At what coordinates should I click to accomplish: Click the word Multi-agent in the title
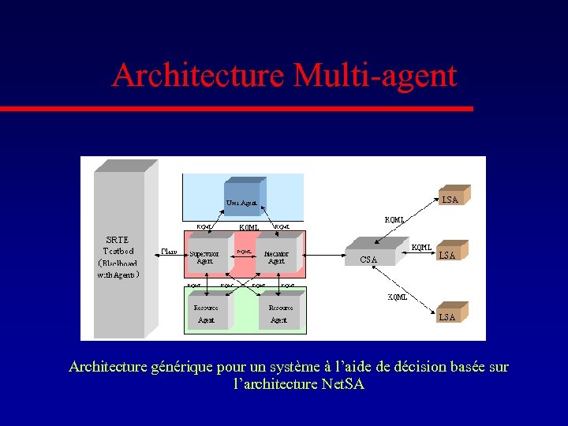coord(375,76)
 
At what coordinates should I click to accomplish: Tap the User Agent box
coord(242,199)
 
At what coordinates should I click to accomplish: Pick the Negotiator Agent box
coord(276,256)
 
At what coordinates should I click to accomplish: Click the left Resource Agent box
coord(207,312)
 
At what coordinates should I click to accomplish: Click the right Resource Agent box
coord(279,312)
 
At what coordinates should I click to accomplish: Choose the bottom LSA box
coord(448,314)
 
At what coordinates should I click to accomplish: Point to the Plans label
coord(168,251)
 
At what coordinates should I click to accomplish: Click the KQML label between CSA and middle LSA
coord(421,248)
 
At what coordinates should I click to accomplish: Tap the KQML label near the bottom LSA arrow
coord(397,297)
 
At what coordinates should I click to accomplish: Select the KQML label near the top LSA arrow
coord(394,219)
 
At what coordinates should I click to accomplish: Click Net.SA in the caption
coord(343,384)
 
